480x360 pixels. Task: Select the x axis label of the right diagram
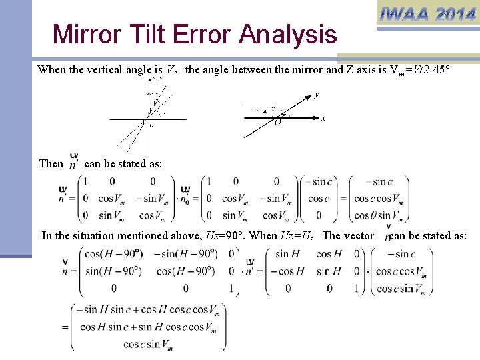(x=323, y=118)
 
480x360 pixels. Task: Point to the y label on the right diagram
(x=316, y=95)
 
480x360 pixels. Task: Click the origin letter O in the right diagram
(x=277, y=123)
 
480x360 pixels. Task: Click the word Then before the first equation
(x=51, y=163)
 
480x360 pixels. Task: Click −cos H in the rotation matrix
(x=287, y=271)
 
